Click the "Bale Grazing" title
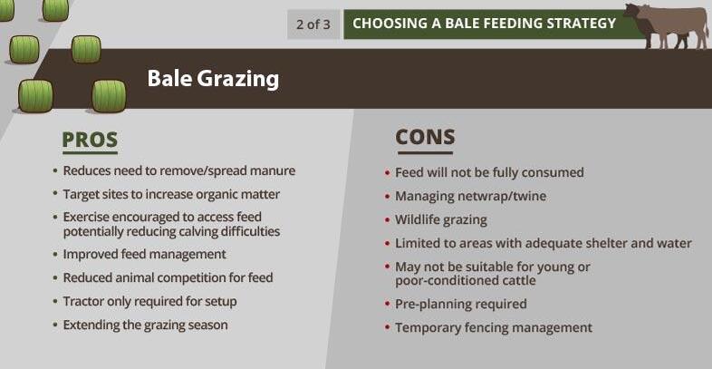213,79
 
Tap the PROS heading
90,140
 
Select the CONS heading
425,137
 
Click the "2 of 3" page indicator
313,24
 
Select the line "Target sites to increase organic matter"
171,195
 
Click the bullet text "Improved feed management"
144,254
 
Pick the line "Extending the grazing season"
145,325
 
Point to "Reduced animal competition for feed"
168,277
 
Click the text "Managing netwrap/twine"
470,197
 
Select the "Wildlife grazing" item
441,220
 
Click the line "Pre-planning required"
461,304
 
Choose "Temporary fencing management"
494,327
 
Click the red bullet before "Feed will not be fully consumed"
387,173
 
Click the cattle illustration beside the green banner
666,25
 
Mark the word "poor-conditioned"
436,281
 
